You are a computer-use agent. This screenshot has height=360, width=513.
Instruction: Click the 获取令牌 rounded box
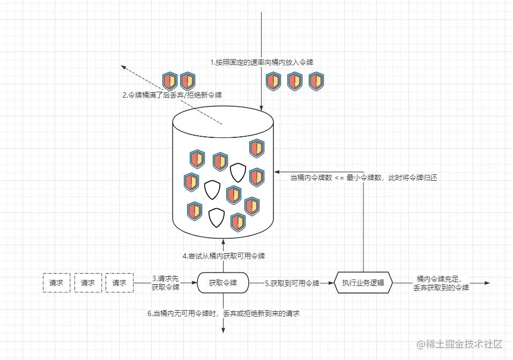click(223, 282)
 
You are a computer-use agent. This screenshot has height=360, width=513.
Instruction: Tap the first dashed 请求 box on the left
click(56, 282)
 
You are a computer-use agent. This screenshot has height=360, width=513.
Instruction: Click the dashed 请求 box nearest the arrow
click(119, 282)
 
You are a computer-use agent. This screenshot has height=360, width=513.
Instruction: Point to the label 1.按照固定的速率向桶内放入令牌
click(261, 62)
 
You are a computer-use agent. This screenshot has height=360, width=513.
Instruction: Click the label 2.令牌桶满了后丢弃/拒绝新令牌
click(172, 95)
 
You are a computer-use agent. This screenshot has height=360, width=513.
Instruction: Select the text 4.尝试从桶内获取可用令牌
click(224, 256)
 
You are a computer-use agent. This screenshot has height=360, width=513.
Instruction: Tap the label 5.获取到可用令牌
click(292, 283)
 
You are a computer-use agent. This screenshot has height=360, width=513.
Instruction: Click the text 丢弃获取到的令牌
click(441, 288)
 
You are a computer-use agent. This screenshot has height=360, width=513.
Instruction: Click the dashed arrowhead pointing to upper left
click(124, 68)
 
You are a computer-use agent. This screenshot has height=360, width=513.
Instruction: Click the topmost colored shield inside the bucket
click(257, 148)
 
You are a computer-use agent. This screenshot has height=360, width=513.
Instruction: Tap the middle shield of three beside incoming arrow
click(295, 81)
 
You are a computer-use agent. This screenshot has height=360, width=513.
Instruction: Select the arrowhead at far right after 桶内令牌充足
click(488, 283)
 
